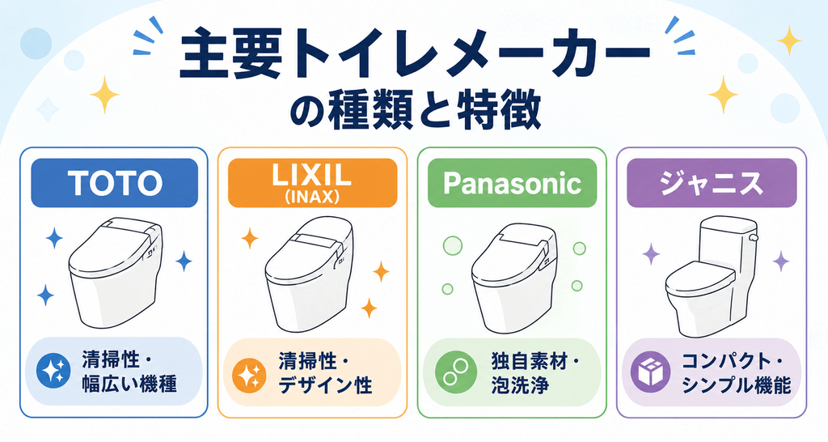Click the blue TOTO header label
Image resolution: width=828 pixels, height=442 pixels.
click(x=114, y=183)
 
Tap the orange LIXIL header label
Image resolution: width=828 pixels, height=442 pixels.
click(x=312, y=183)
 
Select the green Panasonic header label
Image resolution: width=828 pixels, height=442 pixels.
click(x=512, y=183)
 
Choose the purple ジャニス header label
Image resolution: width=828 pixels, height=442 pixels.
click(x=712, y=183)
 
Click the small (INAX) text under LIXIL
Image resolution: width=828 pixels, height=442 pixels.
click(x=312, y=197)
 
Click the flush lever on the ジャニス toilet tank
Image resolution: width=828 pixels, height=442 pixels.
click(x=754, y=238)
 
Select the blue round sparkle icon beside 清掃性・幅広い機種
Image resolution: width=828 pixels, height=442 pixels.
click(x=54, y=371)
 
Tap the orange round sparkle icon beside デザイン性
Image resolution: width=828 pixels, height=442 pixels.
click(x=249, y=372)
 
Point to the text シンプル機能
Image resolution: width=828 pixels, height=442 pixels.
click(x=737, y=385)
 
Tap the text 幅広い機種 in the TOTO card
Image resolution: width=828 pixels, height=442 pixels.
click(x=129, y=384)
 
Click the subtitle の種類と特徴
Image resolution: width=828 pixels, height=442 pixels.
click(x=415, y=111)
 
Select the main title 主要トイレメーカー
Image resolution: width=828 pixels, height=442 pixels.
click(x=415, y=56)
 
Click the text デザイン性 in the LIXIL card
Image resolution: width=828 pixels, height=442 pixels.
click(x=326, y=385)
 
